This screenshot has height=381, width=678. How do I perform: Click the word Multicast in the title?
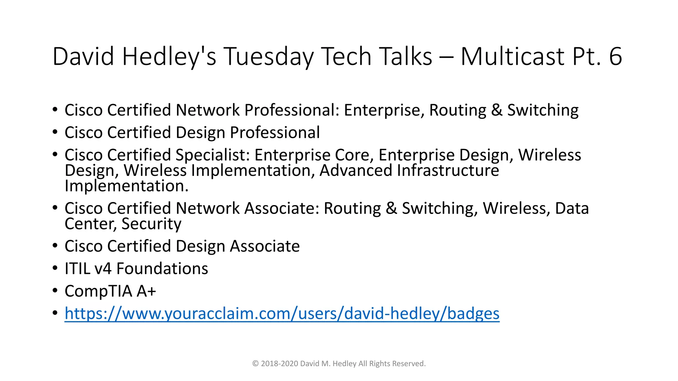512,56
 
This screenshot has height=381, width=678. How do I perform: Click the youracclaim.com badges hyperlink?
282,313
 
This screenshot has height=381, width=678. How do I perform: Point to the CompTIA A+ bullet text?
110,291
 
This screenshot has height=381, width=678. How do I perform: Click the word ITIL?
77,269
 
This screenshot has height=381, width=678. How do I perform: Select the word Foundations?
162,269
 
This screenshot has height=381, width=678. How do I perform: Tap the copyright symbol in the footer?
255,364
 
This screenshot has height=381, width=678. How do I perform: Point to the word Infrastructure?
448,171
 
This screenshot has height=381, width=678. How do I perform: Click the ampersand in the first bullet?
497,110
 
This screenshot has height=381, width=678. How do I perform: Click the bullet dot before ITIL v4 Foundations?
55,268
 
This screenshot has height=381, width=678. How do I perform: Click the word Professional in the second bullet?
275,133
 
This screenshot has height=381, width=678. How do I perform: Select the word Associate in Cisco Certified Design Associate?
265,246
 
